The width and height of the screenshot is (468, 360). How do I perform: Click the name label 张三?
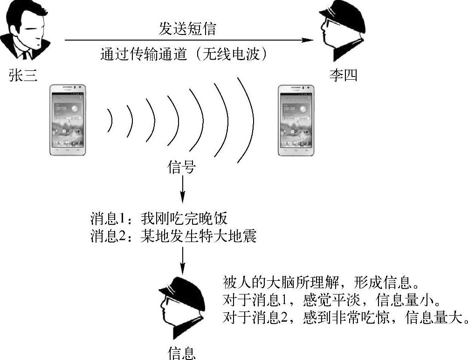(23, 75)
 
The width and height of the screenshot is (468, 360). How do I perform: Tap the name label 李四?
(343, 75)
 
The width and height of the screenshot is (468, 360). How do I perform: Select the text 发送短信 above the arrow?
(188, 29)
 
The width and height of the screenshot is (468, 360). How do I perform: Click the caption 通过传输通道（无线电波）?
(186, 55)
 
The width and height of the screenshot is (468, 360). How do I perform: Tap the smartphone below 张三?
(68, 120)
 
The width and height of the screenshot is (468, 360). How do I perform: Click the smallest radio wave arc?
(110, 120)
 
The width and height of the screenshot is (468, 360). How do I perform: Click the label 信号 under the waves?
(181, 167)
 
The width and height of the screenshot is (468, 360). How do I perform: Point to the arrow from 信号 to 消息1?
(182, 189)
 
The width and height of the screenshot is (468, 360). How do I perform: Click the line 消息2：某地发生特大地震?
(173, 237)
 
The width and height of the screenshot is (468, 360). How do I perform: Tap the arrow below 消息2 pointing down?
(182, 259)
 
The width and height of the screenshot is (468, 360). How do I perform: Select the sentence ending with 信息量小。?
(331, 300)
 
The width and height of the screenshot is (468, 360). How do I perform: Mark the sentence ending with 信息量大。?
(343, 318)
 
